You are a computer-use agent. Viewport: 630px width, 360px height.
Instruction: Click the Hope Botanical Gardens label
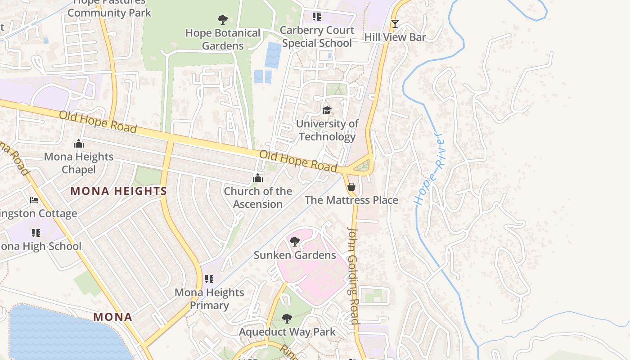(223, 39)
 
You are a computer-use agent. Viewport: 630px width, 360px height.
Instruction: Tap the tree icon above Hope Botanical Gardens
(222, 19)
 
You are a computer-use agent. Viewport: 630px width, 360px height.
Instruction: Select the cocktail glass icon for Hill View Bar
(395, 24)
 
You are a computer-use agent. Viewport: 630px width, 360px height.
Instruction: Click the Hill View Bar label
(395, 37)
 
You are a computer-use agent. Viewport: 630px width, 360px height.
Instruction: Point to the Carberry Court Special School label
(317, 36)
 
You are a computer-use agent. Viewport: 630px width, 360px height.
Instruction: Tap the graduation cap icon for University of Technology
(327, 110)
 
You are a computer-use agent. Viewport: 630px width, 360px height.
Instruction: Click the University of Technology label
(327, 130)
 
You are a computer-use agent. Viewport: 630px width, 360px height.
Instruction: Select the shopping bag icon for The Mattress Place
(351, 186)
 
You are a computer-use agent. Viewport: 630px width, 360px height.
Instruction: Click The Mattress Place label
(351, 200)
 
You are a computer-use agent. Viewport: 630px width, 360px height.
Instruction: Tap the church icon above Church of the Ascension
(258, 178)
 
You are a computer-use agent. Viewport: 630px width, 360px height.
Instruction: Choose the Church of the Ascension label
(258, 198)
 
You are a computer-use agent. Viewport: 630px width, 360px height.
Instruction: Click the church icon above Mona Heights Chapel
(79, 144)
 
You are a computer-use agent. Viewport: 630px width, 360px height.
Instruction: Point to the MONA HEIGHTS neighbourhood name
(119, 191)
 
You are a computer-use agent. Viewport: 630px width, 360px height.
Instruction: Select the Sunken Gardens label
(295, 255)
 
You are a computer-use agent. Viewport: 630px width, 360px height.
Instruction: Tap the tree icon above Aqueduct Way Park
(287, 319)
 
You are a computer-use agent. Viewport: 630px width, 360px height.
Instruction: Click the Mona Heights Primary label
(209, 299)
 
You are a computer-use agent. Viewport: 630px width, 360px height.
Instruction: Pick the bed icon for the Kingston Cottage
(34, 200)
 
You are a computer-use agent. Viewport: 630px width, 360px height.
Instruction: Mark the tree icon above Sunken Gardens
(295, 242)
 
